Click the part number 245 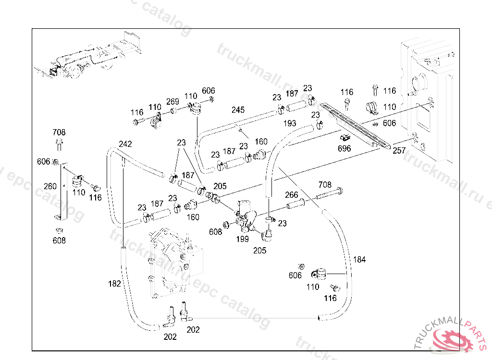point(238,110)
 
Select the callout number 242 point(125,144)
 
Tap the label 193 point(290,123)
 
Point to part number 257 point(399,150)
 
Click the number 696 point(344,148)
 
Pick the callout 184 point(359,260)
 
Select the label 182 point(114,284)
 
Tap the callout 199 point(242,239)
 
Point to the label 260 point(50,186)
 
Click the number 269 point(172,102)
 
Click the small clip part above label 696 point(344,138)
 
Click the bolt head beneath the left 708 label point(59,142)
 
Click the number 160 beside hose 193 point(261,142)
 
